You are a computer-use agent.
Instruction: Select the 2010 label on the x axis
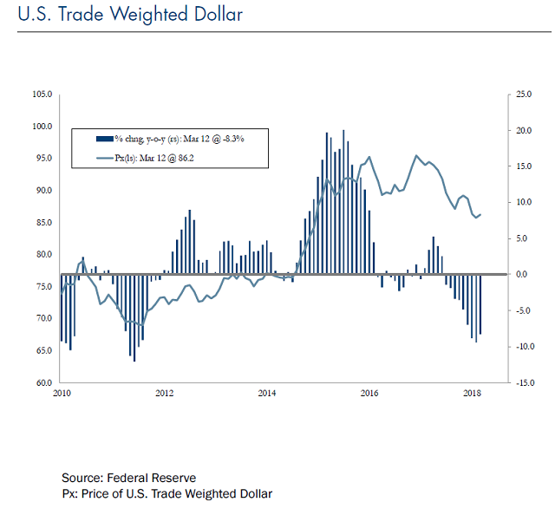tap(61, 394)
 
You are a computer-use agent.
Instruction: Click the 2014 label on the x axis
tap(267, 394)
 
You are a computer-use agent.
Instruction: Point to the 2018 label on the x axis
tap(473, 394)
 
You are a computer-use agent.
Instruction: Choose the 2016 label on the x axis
tap(369, 394)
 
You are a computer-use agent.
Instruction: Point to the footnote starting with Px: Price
tap(166, 493)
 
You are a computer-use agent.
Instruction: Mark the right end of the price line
tap(481, 214)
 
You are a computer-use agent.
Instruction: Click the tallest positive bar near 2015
tap(343, 201)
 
